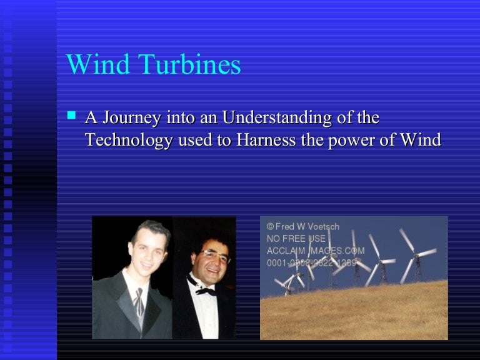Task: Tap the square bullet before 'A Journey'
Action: point(71,116)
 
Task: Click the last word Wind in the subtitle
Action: point(421,140)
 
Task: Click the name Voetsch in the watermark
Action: point(322,226)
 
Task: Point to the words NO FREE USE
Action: point(296,238)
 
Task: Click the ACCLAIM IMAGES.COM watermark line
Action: point(315,251)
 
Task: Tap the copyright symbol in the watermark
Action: point(270,226)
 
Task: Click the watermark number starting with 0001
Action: point(311,263)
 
